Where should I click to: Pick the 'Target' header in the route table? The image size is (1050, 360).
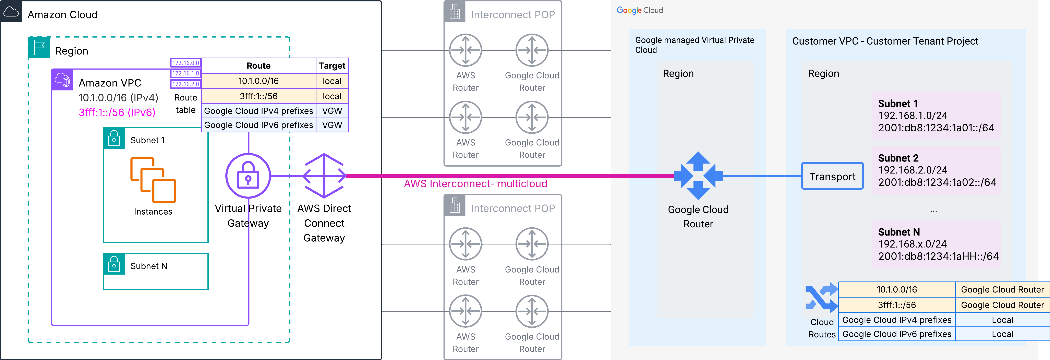(332, 66)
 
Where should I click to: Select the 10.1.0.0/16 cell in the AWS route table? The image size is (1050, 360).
(258, 81)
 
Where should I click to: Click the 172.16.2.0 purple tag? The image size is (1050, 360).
(185, 84)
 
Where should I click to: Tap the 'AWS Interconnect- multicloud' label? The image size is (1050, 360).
(475, 184)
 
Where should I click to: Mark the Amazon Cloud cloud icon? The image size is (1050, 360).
(11, 11)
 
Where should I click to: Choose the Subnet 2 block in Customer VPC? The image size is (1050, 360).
(936, 170)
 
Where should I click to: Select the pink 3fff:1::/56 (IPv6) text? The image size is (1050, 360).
(117, 112)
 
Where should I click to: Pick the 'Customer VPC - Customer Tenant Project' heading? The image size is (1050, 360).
(885, 41)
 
